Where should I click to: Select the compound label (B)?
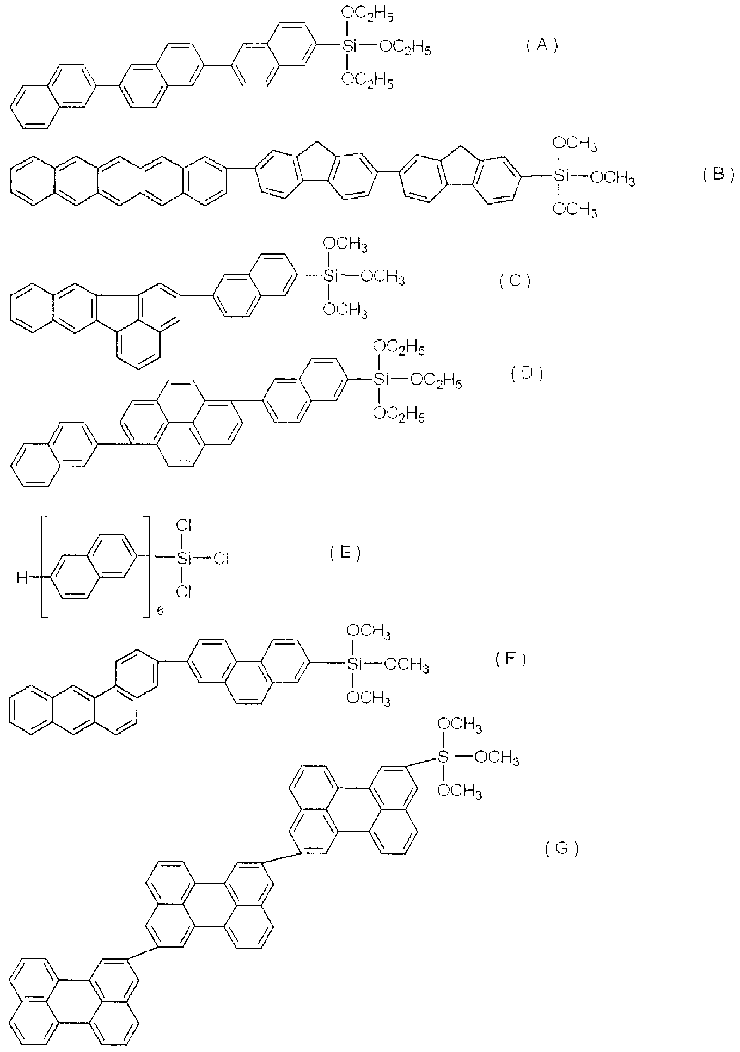point(718,175)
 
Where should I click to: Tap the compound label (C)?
point(515,281)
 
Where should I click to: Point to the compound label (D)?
point(527,374)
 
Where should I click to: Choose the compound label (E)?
point(345,553)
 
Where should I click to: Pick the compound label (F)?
point(511,659)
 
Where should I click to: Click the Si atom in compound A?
point(348,47)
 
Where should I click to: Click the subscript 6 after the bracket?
point(160,611)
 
